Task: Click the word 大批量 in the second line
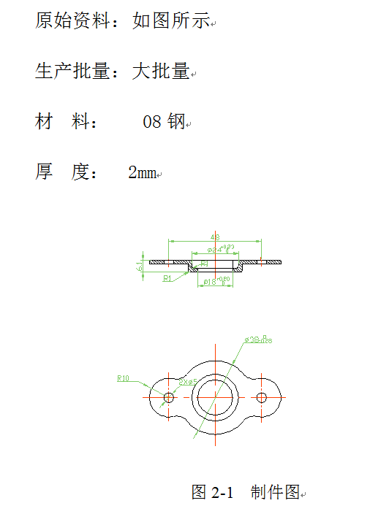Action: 161,71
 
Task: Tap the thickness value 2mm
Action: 142,173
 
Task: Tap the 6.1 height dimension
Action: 138,266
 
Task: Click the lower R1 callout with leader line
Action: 167,278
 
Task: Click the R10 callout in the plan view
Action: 123,378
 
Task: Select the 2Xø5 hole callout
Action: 188,381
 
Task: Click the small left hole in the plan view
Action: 169,397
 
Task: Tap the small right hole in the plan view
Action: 262,397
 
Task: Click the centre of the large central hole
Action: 215,397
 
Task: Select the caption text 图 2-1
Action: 212,492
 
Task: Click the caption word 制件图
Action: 274,492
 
